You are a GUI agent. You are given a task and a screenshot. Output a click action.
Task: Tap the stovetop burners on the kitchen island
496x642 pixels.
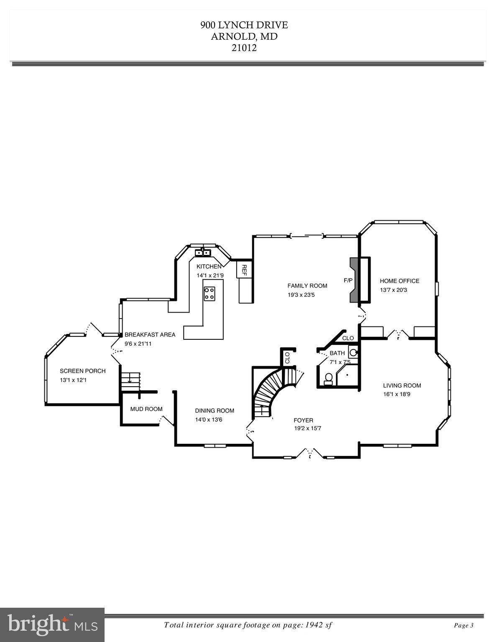210,293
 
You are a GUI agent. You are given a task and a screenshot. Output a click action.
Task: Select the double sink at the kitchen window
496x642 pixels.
202,252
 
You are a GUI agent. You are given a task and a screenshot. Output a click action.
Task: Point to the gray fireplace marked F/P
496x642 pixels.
354,280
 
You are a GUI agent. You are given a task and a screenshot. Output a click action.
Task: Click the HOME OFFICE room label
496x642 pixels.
399,281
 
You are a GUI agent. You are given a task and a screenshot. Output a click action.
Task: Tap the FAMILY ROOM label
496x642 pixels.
307,286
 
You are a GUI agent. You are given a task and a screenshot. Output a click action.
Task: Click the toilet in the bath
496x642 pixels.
329,378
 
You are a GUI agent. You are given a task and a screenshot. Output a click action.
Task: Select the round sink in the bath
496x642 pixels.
353,352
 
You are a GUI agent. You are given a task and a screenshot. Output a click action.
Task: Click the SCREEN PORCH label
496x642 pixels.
82,371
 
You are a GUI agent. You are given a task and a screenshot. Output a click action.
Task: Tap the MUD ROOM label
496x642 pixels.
146,409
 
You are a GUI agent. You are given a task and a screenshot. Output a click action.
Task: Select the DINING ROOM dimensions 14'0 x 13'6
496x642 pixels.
209,419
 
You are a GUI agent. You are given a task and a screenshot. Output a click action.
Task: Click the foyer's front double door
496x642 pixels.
310,453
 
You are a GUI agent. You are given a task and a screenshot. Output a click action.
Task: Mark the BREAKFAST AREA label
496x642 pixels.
150,335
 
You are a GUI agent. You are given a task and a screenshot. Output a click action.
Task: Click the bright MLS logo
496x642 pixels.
52,625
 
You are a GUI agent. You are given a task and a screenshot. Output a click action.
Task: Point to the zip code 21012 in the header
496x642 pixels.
244,48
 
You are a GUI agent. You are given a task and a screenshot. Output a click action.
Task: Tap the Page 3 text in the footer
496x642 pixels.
463,625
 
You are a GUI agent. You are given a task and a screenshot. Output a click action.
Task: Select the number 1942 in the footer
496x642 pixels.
312,625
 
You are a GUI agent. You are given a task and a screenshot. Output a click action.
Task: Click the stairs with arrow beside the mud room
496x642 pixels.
131,380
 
